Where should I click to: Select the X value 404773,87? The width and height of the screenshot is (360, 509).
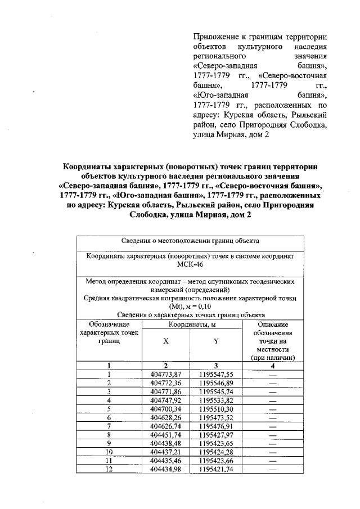tap(165, 374)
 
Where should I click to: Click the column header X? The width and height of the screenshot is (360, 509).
tap(165, 341)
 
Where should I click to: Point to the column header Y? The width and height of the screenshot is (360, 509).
tap(216, 341)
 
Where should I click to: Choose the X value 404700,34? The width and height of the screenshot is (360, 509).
tap(165, 409)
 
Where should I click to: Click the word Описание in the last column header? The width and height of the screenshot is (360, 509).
tap(273, 325)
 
